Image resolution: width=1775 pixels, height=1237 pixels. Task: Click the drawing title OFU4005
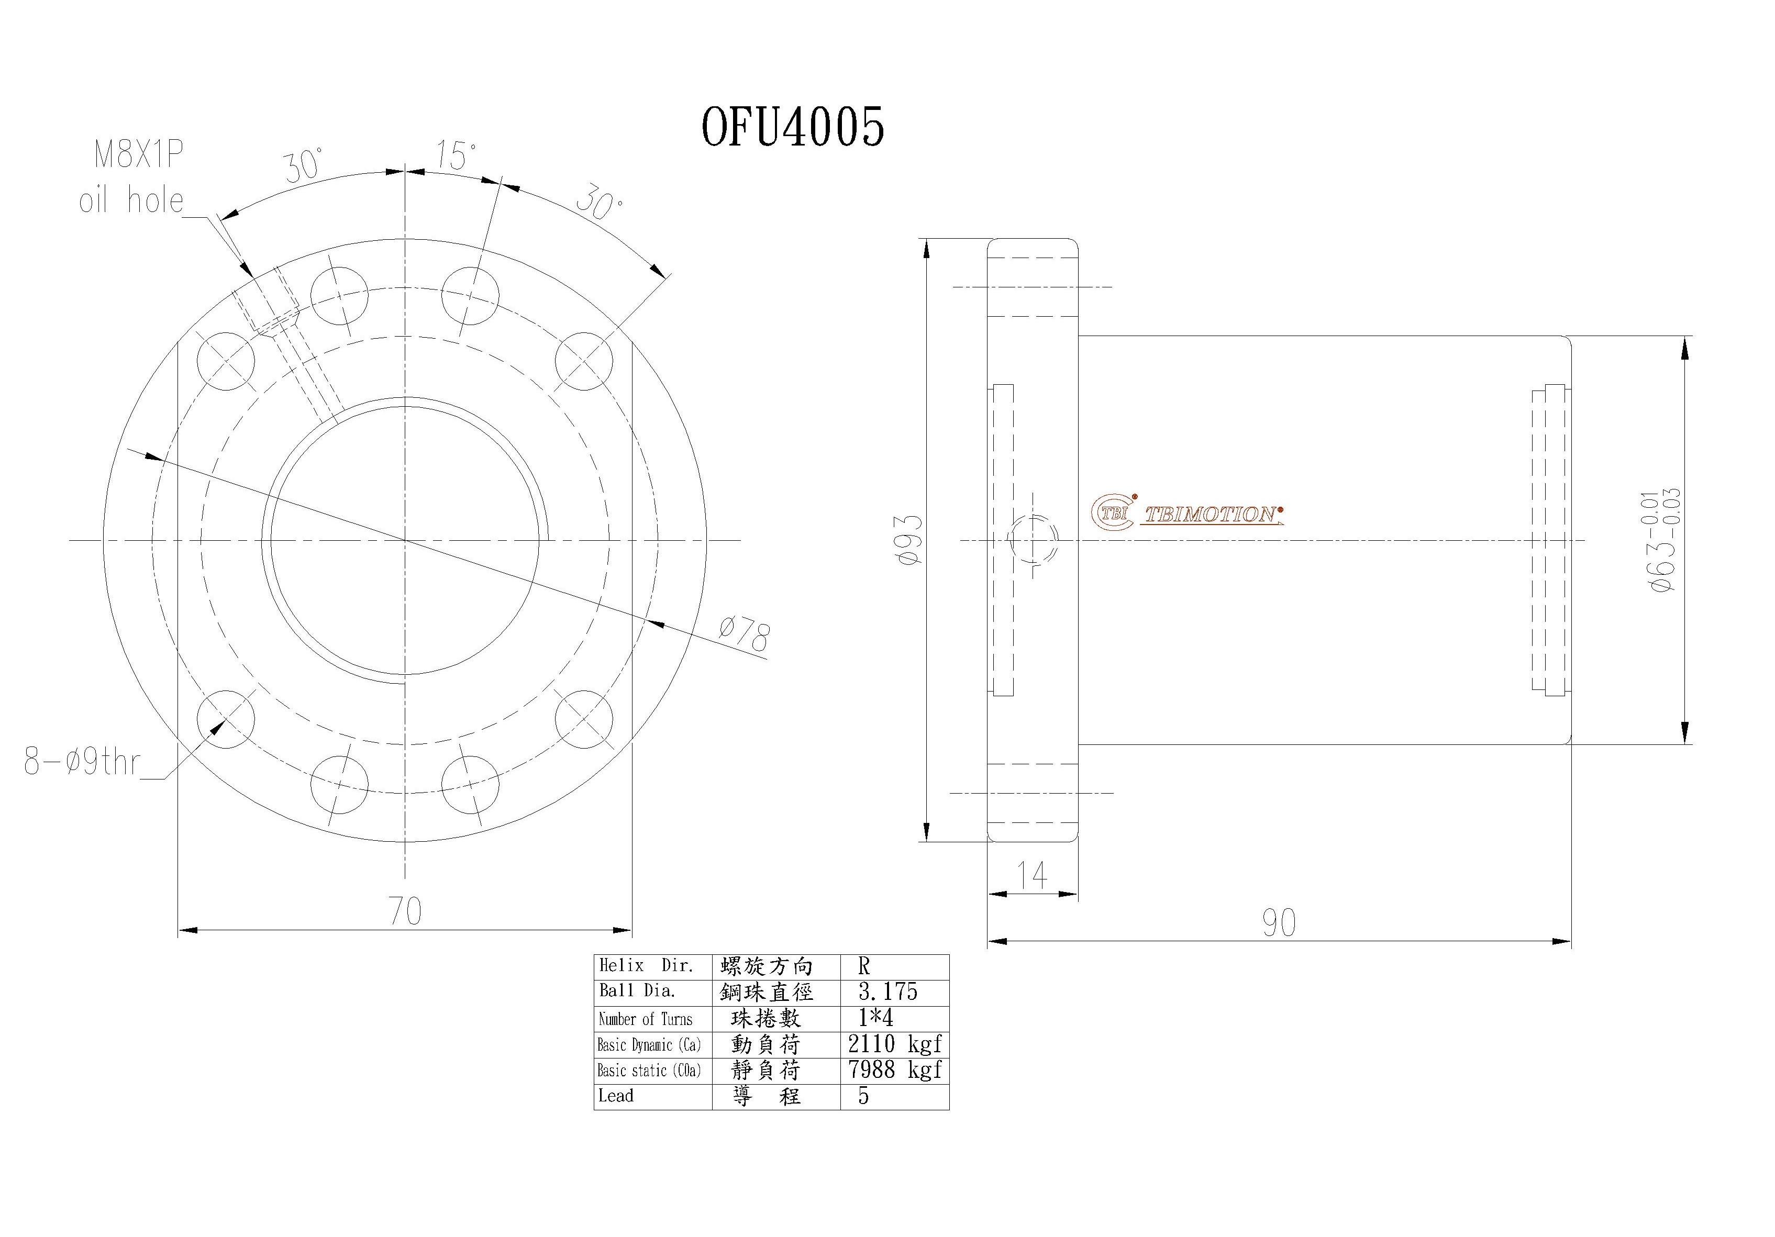click(x=792, y=127)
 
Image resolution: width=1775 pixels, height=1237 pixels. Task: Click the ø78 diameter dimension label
click(x=744, y=636)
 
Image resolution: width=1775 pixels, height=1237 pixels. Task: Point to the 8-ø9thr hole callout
click(x=82, y=762)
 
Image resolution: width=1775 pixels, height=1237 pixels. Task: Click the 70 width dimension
click(x=405, y=911)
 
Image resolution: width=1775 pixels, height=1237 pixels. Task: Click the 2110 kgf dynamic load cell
click(x=894, y=1044)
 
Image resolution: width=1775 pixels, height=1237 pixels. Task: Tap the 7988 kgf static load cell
click(x=894, y=1070)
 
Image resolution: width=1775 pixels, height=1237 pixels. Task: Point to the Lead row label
click(x=616, y=1096)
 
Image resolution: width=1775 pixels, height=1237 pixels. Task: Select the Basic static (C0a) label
click(x=649, y=1071)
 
